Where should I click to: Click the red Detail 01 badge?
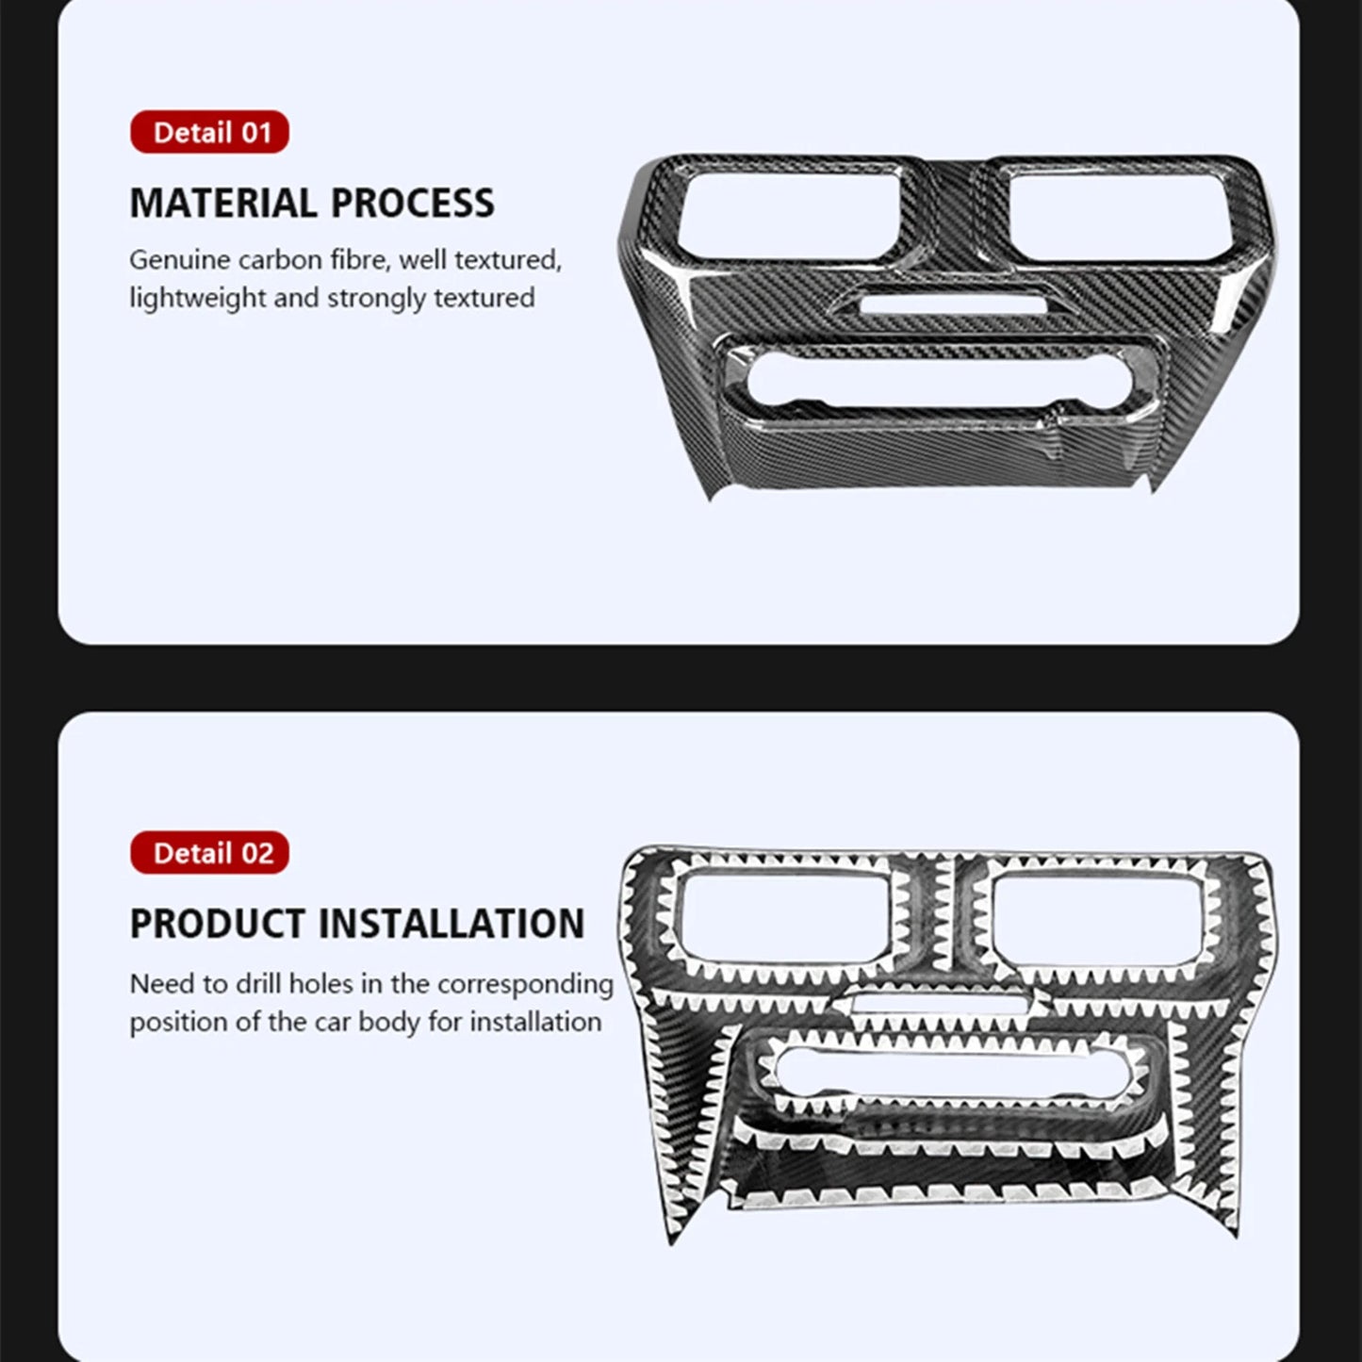tap(209, 132)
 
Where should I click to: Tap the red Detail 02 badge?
tap(209, 852)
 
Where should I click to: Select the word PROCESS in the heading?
tap(413, 204)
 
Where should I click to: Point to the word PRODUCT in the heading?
tap(218, 923)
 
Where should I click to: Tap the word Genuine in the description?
tap(179, 260)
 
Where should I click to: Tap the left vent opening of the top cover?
tap(787, 214)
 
